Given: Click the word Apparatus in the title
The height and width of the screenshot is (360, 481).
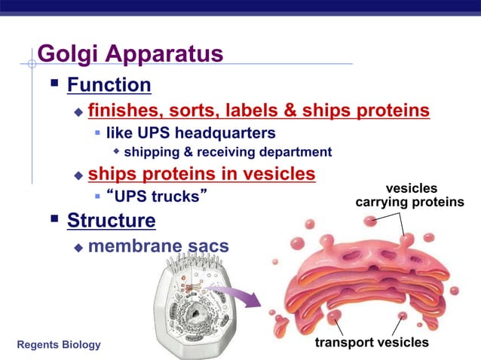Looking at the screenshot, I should pos(166,54).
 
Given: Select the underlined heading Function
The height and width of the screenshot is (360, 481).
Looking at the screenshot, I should pos(109,84).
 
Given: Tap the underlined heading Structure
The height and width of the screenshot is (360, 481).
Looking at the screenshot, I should pos(111,221).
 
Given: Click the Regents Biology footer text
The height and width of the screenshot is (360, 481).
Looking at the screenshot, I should pos(58,344).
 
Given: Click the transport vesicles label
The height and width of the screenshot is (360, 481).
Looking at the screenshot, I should pos(372,343).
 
